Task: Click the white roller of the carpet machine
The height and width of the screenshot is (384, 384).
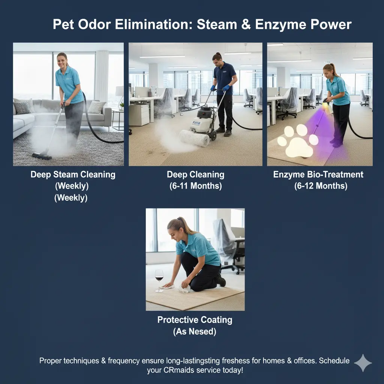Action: tap(194, 138)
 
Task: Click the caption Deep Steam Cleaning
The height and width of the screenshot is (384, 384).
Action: tap(73, 174)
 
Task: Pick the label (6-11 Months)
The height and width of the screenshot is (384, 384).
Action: tap(195, 186)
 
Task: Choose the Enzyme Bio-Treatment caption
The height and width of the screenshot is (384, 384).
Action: tap(318, 174)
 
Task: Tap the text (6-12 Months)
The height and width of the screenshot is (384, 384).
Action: tap(321, 186)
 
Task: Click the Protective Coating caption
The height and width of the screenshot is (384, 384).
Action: tap(195, 320)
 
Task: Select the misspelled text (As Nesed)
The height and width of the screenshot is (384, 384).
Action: tap(195, 331)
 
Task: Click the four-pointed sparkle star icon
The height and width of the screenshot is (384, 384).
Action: tap(363, 363)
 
